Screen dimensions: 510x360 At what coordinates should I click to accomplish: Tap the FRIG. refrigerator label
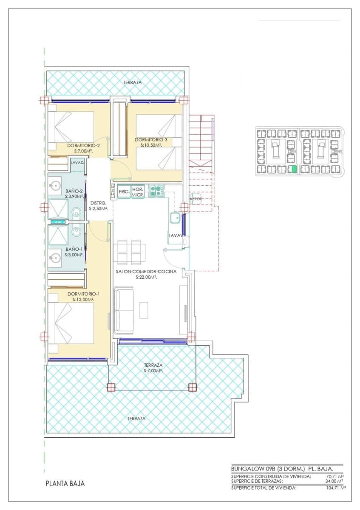click(x=124, y=192)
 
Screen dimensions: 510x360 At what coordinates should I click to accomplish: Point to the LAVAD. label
click(x=77, y=163)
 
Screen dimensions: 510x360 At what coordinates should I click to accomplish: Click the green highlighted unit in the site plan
click(x=293, y=169)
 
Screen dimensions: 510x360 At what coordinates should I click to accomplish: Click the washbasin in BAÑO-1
click(x=55, y=258)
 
